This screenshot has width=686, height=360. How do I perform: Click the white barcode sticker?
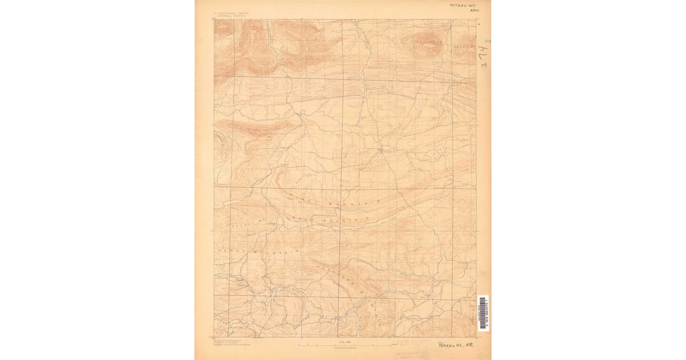pyautogui.click(x=484, y=313)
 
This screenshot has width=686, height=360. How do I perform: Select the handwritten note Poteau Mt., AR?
pyautogui.click(x=456, y=345)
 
